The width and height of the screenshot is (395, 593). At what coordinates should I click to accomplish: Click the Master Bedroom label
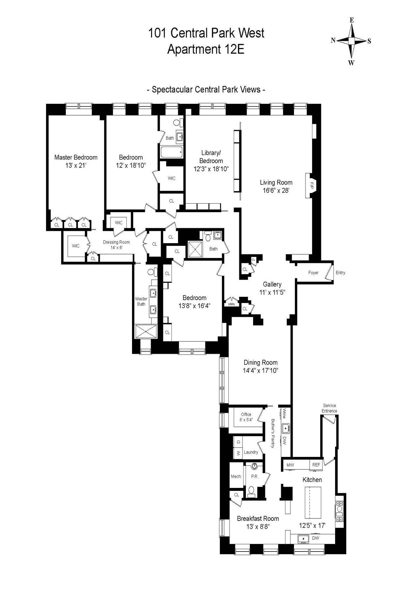point(76,157)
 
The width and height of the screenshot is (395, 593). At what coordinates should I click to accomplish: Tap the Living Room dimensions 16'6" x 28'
point(276,190)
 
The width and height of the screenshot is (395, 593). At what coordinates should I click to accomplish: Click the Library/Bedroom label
point(211,157)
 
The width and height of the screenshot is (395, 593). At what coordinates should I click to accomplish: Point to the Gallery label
point(272,284)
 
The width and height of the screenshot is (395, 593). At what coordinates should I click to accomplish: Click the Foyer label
point(313,272)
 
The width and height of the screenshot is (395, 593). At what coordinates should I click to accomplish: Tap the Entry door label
point(340,272)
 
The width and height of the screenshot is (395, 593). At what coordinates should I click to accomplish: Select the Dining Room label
point(260,362)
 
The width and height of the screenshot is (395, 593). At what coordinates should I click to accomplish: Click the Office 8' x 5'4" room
point(246,417)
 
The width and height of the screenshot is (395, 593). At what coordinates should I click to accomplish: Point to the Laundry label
point(251,452)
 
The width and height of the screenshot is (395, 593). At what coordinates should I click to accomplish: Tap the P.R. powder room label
point(254,476)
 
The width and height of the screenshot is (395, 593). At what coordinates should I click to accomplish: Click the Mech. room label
point(236,476)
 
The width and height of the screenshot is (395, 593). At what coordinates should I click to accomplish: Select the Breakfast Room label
point(258,518)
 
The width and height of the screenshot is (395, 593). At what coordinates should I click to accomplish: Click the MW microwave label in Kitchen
point(290,465)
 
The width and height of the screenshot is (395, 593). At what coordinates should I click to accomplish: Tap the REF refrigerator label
point(316,465)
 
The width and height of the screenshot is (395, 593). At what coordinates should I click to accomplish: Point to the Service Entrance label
point(329,408)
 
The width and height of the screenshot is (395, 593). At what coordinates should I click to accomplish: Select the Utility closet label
point(231,304)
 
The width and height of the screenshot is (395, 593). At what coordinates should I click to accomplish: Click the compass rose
point(352,41)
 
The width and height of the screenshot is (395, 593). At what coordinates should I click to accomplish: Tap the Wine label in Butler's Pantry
point(284,413)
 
